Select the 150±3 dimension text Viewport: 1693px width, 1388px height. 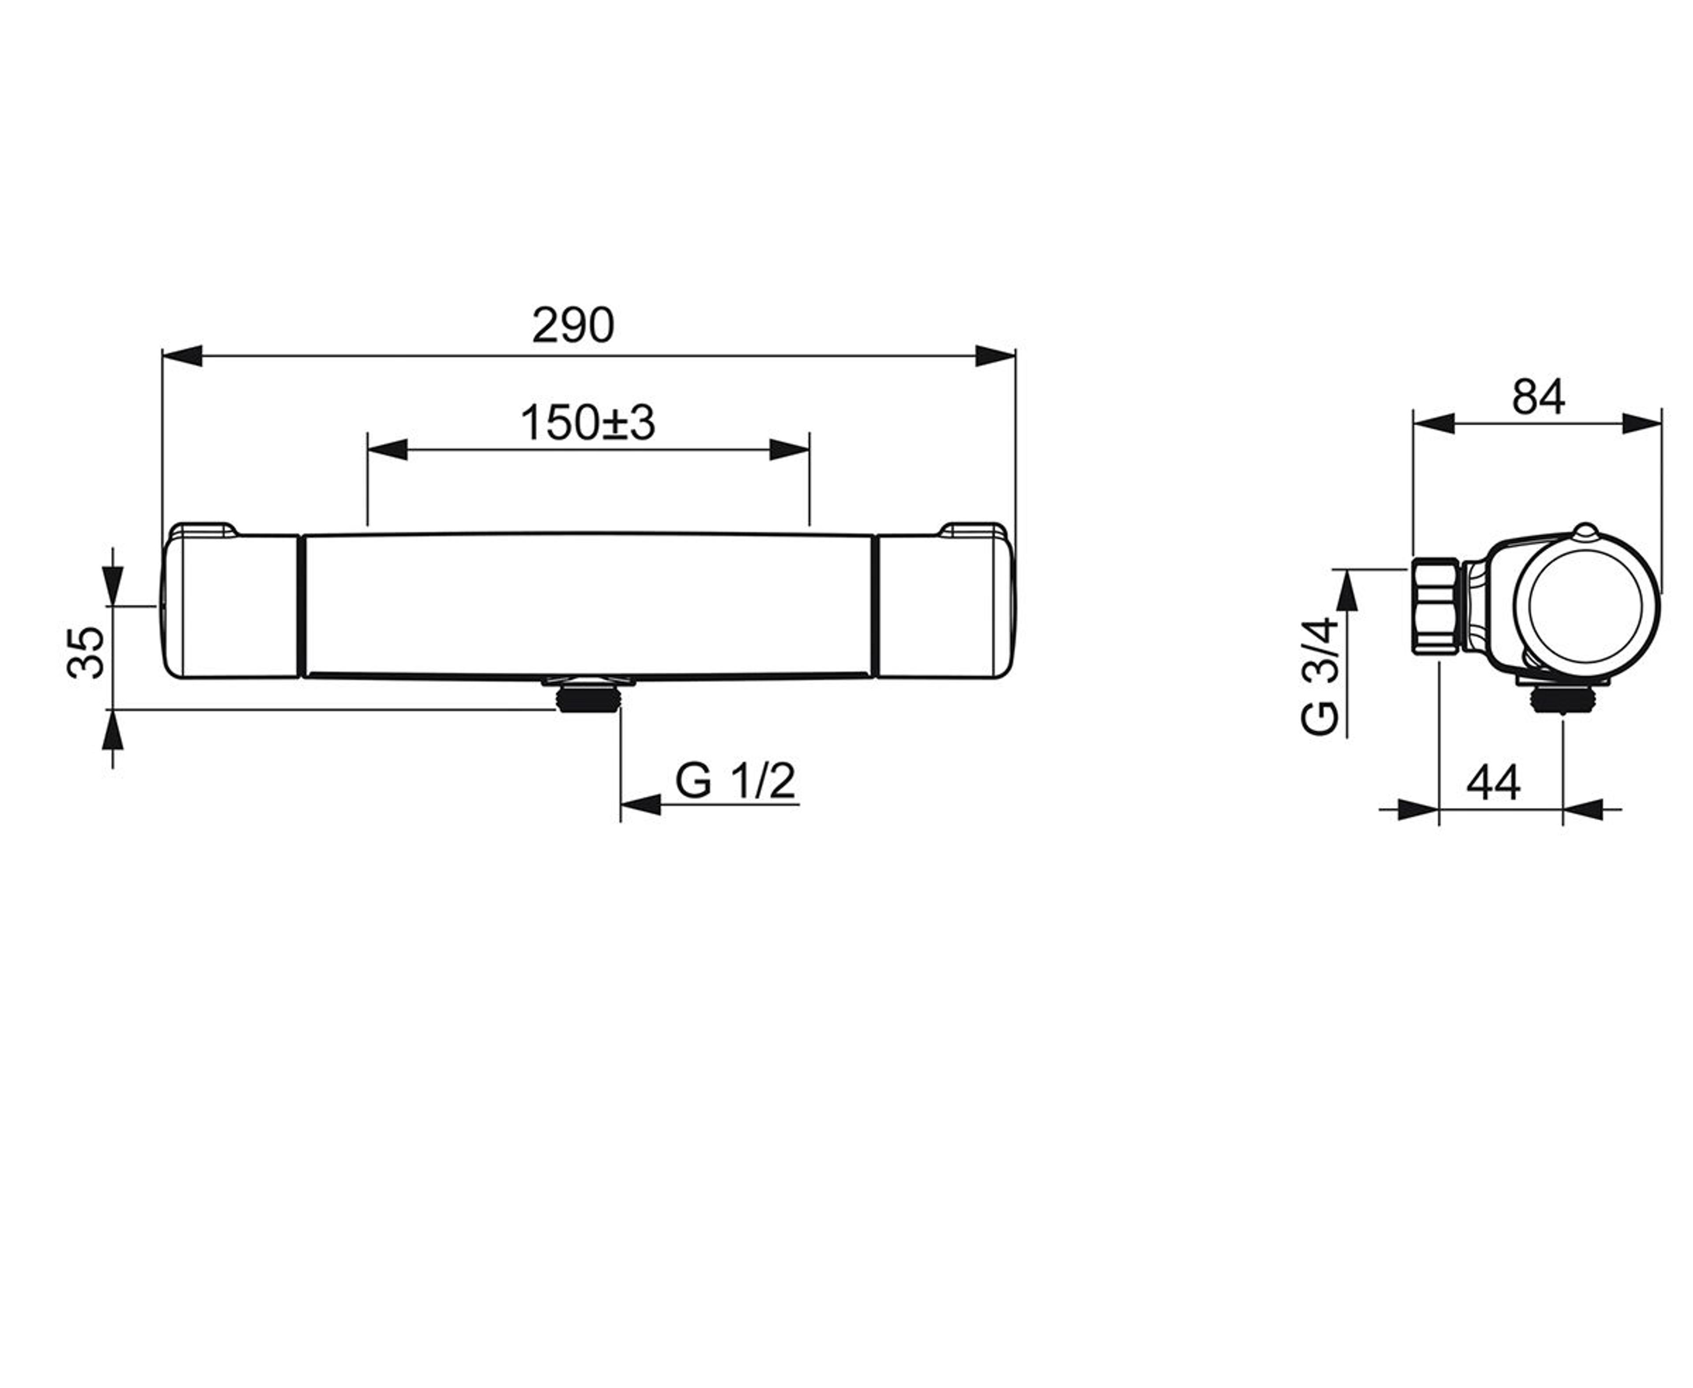point(588,423)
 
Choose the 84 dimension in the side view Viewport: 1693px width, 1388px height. point(1538,398)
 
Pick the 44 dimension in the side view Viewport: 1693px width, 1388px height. point(1493,783)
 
